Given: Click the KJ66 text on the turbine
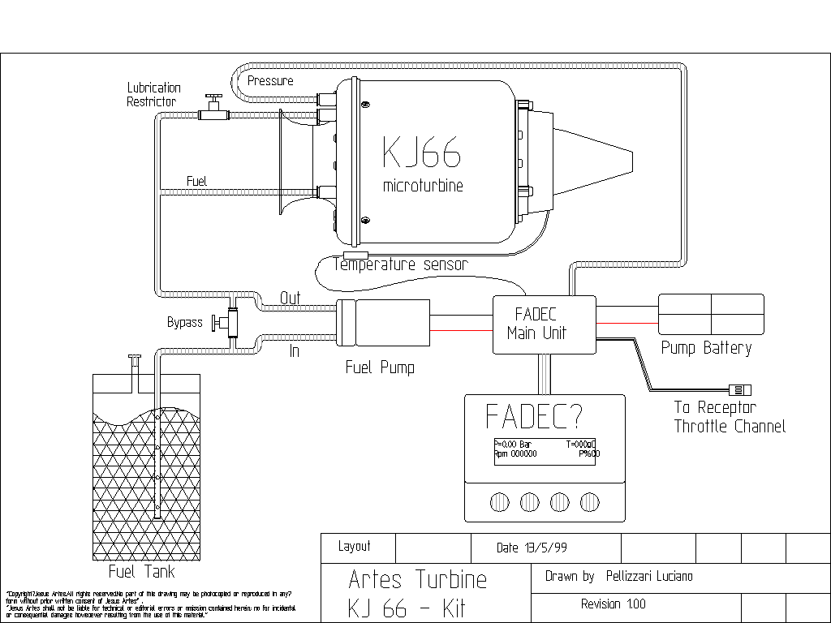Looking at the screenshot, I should click(x=422, y=153).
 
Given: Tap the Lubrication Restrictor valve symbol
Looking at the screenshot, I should click(x=214, y=109).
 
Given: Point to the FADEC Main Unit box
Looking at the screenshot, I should click(x=545, y=324).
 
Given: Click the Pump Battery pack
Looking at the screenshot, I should click(x=711, y=314).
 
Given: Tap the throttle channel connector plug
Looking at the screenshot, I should click(x=741, y=389).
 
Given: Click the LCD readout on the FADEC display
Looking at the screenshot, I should click(x=545, y=449).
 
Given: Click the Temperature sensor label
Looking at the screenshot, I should click(x=401, y=264).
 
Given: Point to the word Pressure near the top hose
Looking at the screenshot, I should click(x=270, y=81).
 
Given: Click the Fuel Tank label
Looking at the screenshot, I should click(x=142, y=572).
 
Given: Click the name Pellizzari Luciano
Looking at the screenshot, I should click(x=649, y=577).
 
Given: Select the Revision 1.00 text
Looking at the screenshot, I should click(x=614, y=604).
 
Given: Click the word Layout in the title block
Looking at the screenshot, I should click(x=355, y=547).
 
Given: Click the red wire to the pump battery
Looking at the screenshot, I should click(x=626, y=324).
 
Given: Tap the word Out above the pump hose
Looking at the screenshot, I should click(x=290, y=298).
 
